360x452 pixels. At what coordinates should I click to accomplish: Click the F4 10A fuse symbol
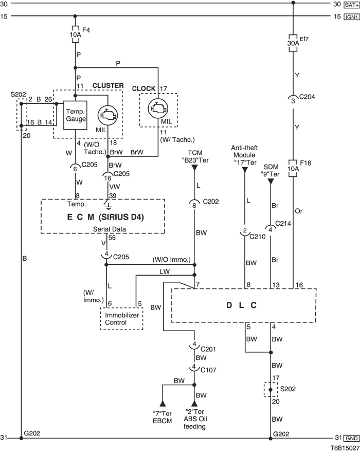tap(75, 34)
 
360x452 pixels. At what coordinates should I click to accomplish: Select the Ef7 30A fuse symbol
tap(293, 44)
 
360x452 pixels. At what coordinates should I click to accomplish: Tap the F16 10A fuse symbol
tap(293, 168)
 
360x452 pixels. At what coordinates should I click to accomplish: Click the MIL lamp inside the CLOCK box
tap(158, 109)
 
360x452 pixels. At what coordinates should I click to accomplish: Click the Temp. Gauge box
tap(75, 115)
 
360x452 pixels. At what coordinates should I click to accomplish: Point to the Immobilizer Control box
tap(121, 318)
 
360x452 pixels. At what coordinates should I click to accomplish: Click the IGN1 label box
tap(352, 17)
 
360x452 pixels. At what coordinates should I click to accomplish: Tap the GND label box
tap(352, 439)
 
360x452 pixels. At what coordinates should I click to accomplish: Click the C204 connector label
tap(307, 97)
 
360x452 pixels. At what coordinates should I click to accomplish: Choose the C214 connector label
tap(283, 223)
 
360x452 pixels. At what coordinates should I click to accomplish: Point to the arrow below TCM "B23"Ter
tap(194, 168)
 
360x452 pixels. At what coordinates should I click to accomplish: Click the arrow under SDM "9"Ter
tap(271, 182)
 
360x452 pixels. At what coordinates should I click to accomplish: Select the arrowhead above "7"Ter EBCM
tap(163, 403)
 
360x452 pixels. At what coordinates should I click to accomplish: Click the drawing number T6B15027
tap(345, 448)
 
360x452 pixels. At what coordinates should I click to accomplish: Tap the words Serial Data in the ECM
tap(110, 229)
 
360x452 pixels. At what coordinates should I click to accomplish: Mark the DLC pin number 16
tap(299, 285)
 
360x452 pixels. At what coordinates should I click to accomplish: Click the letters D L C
tap(242, 305)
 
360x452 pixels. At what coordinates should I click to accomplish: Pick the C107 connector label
tap(208, 370)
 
